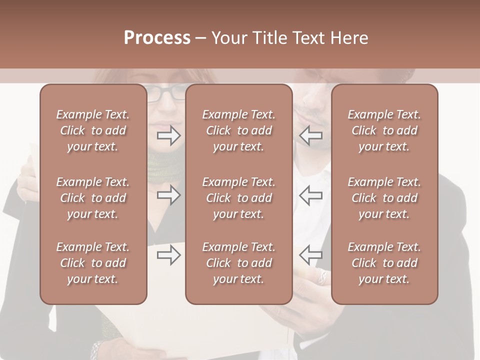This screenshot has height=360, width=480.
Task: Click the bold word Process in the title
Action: click(x=157, y=38)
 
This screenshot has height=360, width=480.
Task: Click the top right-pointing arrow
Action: click(x=168, y=135)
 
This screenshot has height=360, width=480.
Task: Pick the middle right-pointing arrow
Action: click(x=168, y=195)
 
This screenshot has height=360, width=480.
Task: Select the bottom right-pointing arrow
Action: click(x=168, y=255)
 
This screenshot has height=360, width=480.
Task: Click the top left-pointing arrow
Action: click(x=310, y=135)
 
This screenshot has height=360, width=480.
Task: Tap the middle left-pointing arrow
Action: click(x=310, y=195)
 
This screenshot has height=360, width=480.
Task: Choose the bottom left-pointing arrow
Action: click(x=310, y=255)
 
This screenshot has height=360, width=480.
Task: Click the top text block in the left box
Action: click(x=93, y=130)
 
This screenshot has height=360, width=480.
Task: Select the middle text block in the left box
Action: click(x=93, y=198)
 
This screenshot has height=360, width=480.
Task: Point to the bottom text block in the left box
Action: click(x=93, y=263)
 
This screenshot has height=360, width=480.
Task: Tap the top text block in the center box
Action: click(x=238, y=130)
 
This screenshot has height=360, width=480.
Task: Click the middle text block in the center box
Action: click(x=238, y=198)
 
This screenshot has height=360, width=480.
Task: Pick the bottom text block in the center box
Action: click(x=238, y=263)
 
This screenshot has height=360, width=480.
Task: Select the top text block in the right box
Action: click(x=384, y=130)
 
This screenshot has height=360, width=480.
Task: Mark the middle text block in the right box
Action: click(x=384, y=198)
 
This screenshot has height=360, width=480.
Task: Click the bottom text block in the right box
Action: click(x=384, y=263)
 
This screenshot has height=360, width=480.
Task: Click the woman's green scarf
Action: click(x=166, y=167)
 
